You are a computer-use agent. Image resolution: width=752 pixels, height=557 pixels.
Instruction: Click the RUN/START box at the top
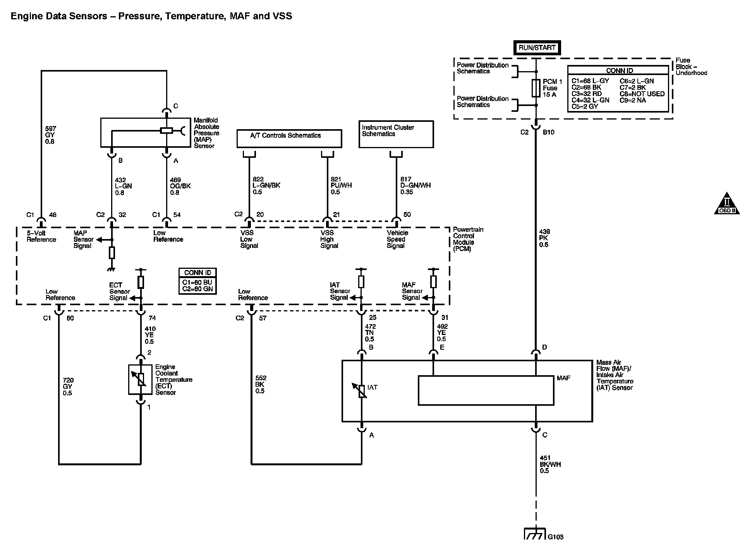(x=537, y=48)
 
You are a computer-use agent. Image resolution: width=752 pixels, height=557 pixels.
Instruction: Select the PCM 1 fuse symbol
(x=536, y=88)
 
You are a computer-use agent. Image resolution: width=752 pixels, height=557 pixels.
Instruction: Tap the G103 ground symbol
(x=535, y=534)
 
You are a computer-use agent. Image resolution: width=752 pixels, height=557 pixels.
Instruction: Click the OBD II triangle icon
(x=727, y=204)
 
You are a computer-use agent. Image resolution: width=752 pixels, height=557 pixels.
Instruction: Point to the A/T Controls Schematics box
(x=289, y=138)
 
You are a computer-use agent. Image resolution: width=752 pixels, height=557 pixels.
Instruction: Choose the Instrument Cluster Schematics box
(x=396, y=134)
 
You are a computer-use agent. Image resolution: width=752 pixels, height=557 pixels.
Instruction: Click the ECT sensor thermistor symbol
(x=141, y=379)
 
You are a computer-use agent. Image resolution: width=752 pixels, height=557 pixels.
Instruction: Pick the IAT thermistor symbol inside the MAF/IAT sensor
(x=361, y=391)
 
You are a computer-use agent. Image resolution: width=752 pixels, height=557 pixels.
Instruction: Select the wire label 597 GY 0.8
(x=50, y=135)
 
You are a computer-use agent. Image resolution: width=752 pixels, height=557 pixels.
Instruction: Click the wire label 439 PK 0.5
(x=544, y=238)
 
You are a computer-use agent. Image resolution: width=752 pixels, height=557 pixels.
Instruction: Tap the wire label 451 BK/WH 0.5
(x=550, y=464)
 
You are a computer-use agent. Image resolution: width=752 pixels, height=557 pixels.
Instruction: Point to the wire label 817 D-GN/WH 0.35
(x=415, y=185)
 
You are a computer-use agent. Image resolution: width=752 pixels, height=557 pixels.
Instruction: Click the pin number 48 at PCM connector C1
(x=53, y=215)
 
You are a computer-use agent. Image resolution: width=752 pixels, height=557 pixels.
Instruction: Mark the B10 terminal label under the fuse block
(x=548, y=132)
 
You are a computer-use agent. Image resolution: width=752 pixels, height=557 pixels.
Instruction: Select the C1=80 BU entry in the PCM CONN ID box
(x=197, y=282)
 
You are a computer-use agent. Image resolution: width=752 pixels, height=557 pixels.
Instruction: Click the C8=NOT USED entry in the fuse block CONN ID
(x=642, y=94)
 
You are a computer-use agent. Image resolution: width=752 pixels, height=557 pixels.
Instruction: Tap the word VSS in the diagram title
(x=282, y=16)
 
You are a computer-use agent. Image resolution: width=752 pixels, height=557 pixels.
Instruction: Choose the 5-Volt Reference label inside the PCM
(x=41, y=236)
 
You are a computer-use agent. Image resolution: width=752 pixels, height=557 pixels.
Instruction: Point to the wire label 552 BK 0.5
(x=261, y=384)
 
